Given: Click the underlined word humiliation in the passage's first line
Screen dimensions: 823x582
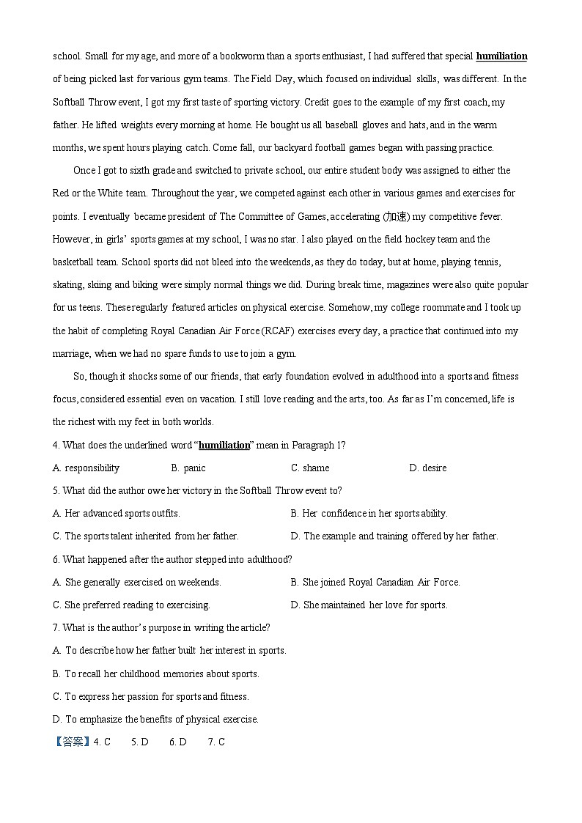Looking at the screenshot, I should (x=501, y=56).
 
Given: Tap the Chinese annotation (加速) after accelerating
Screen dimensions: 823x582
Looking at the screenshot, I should (x=397, y=216).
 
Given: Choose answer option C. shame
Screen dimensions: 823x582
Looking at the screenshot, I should (x=310, y=468).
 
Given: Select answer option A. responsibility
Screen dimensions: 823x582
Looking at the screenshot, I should (x=86, y=468).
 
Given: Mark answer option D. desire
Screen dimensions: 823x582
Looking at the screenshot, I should (x=427, y=468).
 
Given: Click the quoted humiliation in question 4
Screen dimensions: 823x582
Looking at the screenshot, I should (x=224, y=445).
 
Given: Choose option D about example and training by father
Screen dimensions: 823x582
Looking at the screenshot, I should (x=394, y=536).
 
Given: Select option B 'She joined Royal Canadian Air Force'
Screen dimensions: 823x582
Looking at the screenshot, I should (x=375, y=582).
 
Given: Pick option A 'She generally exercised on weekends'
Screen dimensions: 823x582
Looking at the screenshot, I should (x=137, y=582).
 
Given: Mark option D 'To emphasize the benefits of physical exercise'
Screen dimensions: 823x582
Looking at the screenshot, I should (x=155, y=719).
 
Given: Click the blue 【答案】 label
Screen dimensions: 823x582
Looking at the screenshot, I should (x=73, y=742).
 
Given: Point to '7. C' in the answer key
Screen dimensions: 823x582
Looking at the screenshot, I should (x=216, y=742).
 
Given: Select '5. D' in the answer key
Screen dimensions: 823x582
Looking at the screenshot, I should (x=140, y=742).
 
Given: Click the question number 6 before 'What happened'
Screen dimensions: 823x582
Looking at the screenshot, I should (x=56, y=559).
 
